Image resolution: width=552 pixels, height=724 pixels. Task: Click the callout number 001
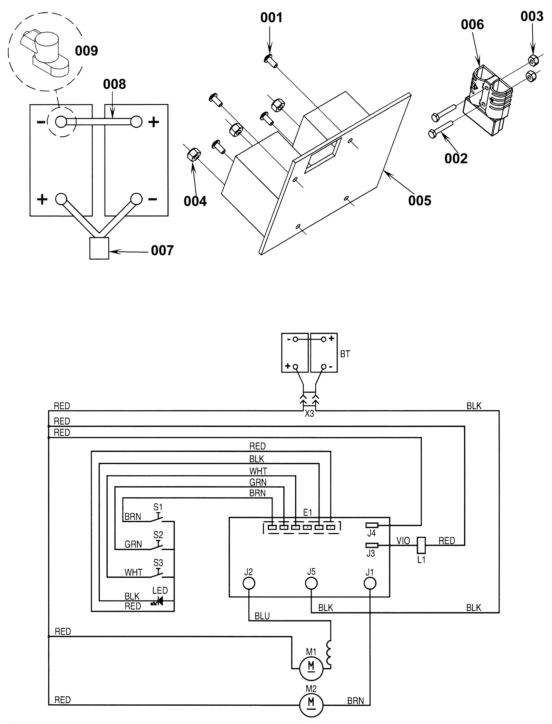pos(271,17)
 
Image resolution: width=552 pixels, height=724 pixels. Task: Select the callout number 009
pos(86,51)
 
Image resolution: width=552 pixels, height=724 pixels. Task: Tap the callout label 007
pos(162,250)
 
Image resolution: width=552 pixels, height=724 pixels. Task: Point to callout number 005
pos(420,201)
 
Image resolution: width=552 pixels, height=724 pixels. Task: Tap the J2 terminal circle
pos(249,584)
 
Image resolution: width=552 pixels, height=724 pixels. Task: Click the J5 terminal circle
pos(311,584)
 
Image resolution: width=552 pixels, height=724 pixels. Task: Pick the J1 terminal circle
pos(370,584)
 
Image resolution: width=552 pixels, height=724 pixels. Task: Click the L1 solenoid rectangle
pos(421,545)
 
